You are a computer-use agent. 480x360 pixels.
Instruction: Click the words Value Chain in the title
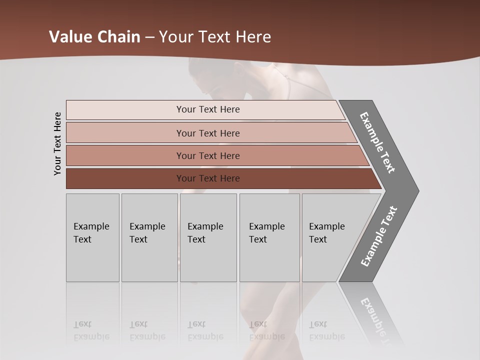(94, 37)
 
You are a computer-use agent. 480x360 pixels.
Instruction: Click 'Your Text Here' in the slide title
(215, 37)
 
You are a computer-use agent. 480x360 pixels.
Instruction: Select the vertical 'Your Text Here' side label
(57, 143)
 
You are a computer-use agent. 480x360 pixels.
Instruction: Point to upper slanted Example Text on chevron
(377, 142)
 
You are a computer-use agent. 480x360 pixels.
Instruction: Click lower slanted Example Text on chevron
(378, 236)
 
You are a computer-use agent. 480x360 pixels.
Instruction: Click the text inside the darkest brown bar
(208, 178)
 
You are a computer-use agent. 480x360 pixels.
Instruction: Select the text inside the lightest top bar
(208, 109)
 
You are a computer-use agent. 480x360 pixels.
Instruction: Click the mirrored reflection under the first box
(91, 330)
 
